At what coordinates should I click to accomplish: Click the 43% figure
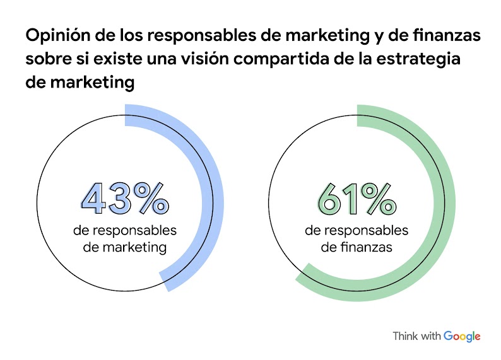(x=125, y=199)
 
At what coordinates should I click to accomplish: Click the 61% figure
(x=357, y=199)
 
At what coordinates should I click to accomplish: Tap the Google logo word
(x=462, y=336)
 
